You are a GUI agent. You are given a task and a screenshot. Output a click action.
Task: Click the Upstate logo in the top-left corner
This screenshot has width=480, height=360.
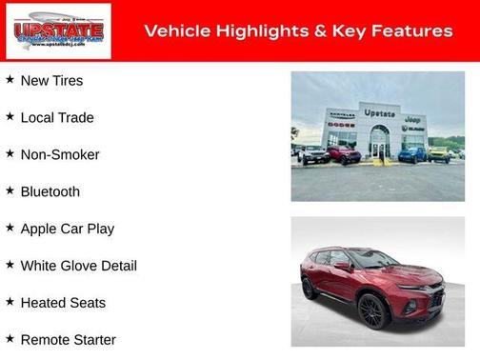57,31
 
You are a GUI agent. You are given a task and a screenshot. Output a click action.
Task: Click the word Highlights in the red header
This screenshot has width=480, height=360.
258,31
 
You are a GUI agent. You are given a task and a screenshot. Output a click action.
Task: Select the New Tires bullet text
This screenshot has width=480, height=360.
51,81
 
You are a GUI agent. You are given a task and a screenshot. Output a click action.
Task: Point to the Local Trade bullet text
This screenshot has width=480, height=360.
57,118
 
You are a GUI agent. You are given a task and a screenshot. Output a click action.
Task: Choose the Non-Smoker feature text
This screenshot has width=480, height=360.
60,155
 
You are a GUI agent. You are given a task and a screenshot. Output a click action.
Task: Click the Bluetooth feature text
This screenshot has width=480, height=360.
50,192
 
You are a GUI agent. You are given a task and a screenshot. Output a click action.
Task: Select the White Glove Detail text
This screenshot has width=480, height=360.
78,267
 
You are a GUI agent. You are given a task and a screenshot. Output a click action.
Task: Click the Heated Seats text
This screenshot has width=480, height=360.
63,304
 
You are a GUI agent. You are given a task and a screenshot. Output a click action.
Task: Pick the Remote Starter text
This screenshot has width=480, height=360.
68,340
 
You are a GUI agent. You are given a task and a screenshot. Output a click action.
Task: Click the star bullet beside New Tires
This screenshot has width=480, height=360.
10,80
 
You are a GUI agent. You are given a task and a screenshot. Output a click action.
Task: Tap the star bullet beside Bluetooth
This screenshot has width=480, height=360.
10,191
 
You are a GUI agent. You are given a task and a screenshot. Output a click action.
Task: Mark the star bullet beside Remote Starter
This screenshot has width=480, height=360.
10,339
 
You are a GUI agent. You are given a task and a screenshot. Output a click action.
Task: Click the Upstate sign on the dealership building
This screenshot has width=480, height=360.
379,113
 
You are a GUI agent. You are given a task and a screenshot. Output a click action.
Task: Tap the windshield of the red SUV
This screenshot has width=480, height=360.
374,259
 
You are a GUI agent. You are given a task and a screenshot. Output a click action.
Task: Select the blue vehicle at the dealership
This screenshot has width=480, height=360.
411,154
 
